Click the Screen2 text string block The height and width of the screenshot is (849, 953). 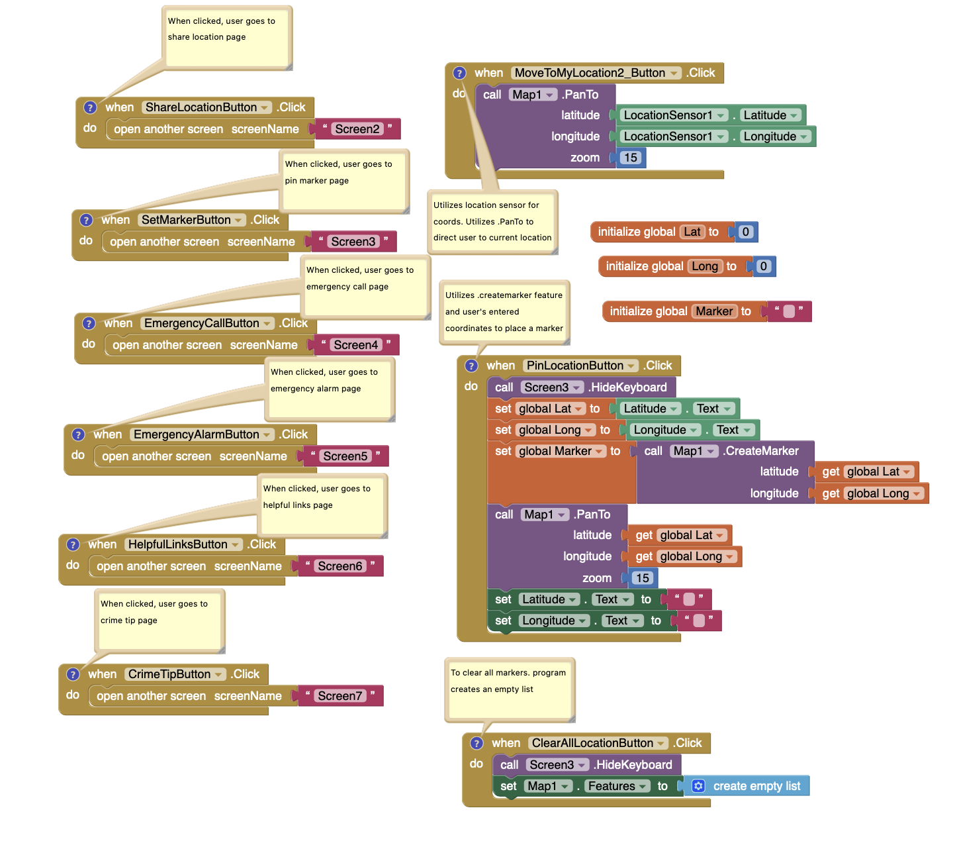(357, 129)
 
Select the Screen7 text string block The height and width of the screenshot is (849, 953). (340, 696)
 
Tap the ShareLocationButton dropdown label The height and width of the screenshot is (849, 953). (201, 107)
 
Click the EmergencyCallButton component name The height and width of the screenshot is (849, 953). (202, 323)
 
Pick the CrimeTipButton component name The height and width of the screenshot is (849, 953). (169, 674)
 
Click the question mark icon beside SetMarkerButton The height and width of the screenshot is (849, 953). (86, 220)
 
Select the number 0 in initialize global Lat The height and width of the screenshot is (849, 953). (746, 232)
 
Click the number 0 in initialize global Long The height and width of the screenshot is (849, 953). (763, 266)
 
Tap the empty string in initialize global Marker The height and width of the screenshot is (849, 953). (788, 311)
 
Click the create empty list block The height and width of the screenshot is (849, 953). (756, 786)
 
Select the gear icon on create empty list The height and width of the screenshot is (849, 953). (698, 786)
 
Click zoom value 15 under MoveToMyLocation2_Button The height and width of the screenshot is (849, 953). (631, 158)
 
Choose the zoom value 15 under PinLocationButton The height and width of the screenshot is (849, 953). (642, 578)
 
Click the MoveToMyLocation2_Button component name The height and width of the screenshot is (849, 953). (590, 73)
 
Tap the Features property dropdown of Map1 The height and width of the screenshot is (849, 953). (612, 786)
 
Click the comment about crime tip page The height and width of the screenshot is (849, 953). (159, 619)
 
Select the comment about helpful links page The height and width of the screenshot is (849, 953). (322, 505)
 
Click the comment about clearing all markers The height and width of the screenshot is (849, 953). (508, 689)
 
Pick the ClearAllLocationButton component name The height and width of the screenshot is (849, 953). (592, 743)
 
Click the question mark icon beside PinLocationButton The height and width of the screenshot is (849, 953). (471, 366)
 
